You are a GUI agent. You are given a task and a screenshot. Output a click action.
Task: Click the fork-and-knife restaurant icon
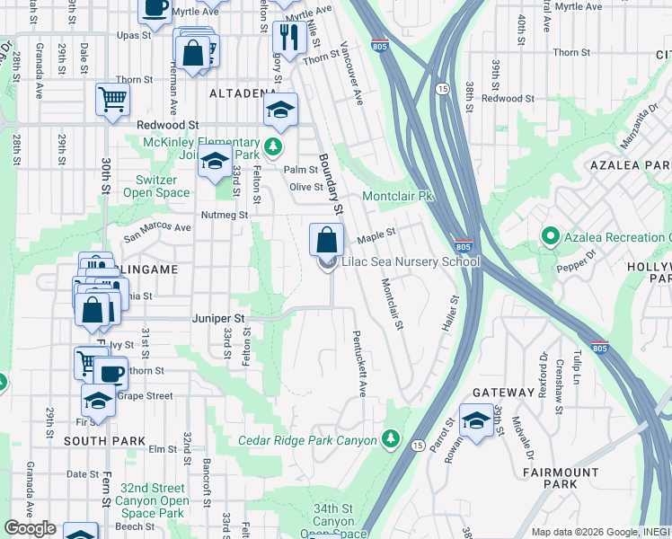pos(287,36)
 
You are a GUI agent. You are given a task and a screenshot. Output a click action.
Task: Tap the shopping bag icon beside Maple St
pos(326,240)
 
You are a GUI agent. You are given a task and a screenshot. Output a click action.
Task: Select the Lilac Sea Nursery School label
pos(410,262)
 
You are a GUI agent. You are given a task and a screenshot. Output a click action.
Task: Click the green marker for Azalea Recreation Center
pos(549,236)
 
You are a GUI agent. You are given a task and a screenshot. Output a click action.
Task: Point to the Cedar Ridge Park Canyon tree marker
pos(389,438)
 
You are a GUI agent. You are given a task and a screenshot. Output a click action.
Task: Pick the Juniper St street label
pos(217,318)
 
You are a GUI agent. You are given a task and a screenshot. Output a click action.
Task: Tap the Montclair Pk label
pos(397,196)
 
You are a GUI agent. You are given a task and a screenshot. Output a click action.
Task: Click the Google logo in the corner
pos(30,528)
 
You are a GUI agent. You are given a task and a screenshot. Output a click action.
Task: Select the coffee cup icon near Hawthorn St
pos(111,373)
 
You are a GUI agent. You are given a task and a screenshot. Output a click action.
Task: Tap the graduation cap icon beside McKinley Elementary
pos(214,162)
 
